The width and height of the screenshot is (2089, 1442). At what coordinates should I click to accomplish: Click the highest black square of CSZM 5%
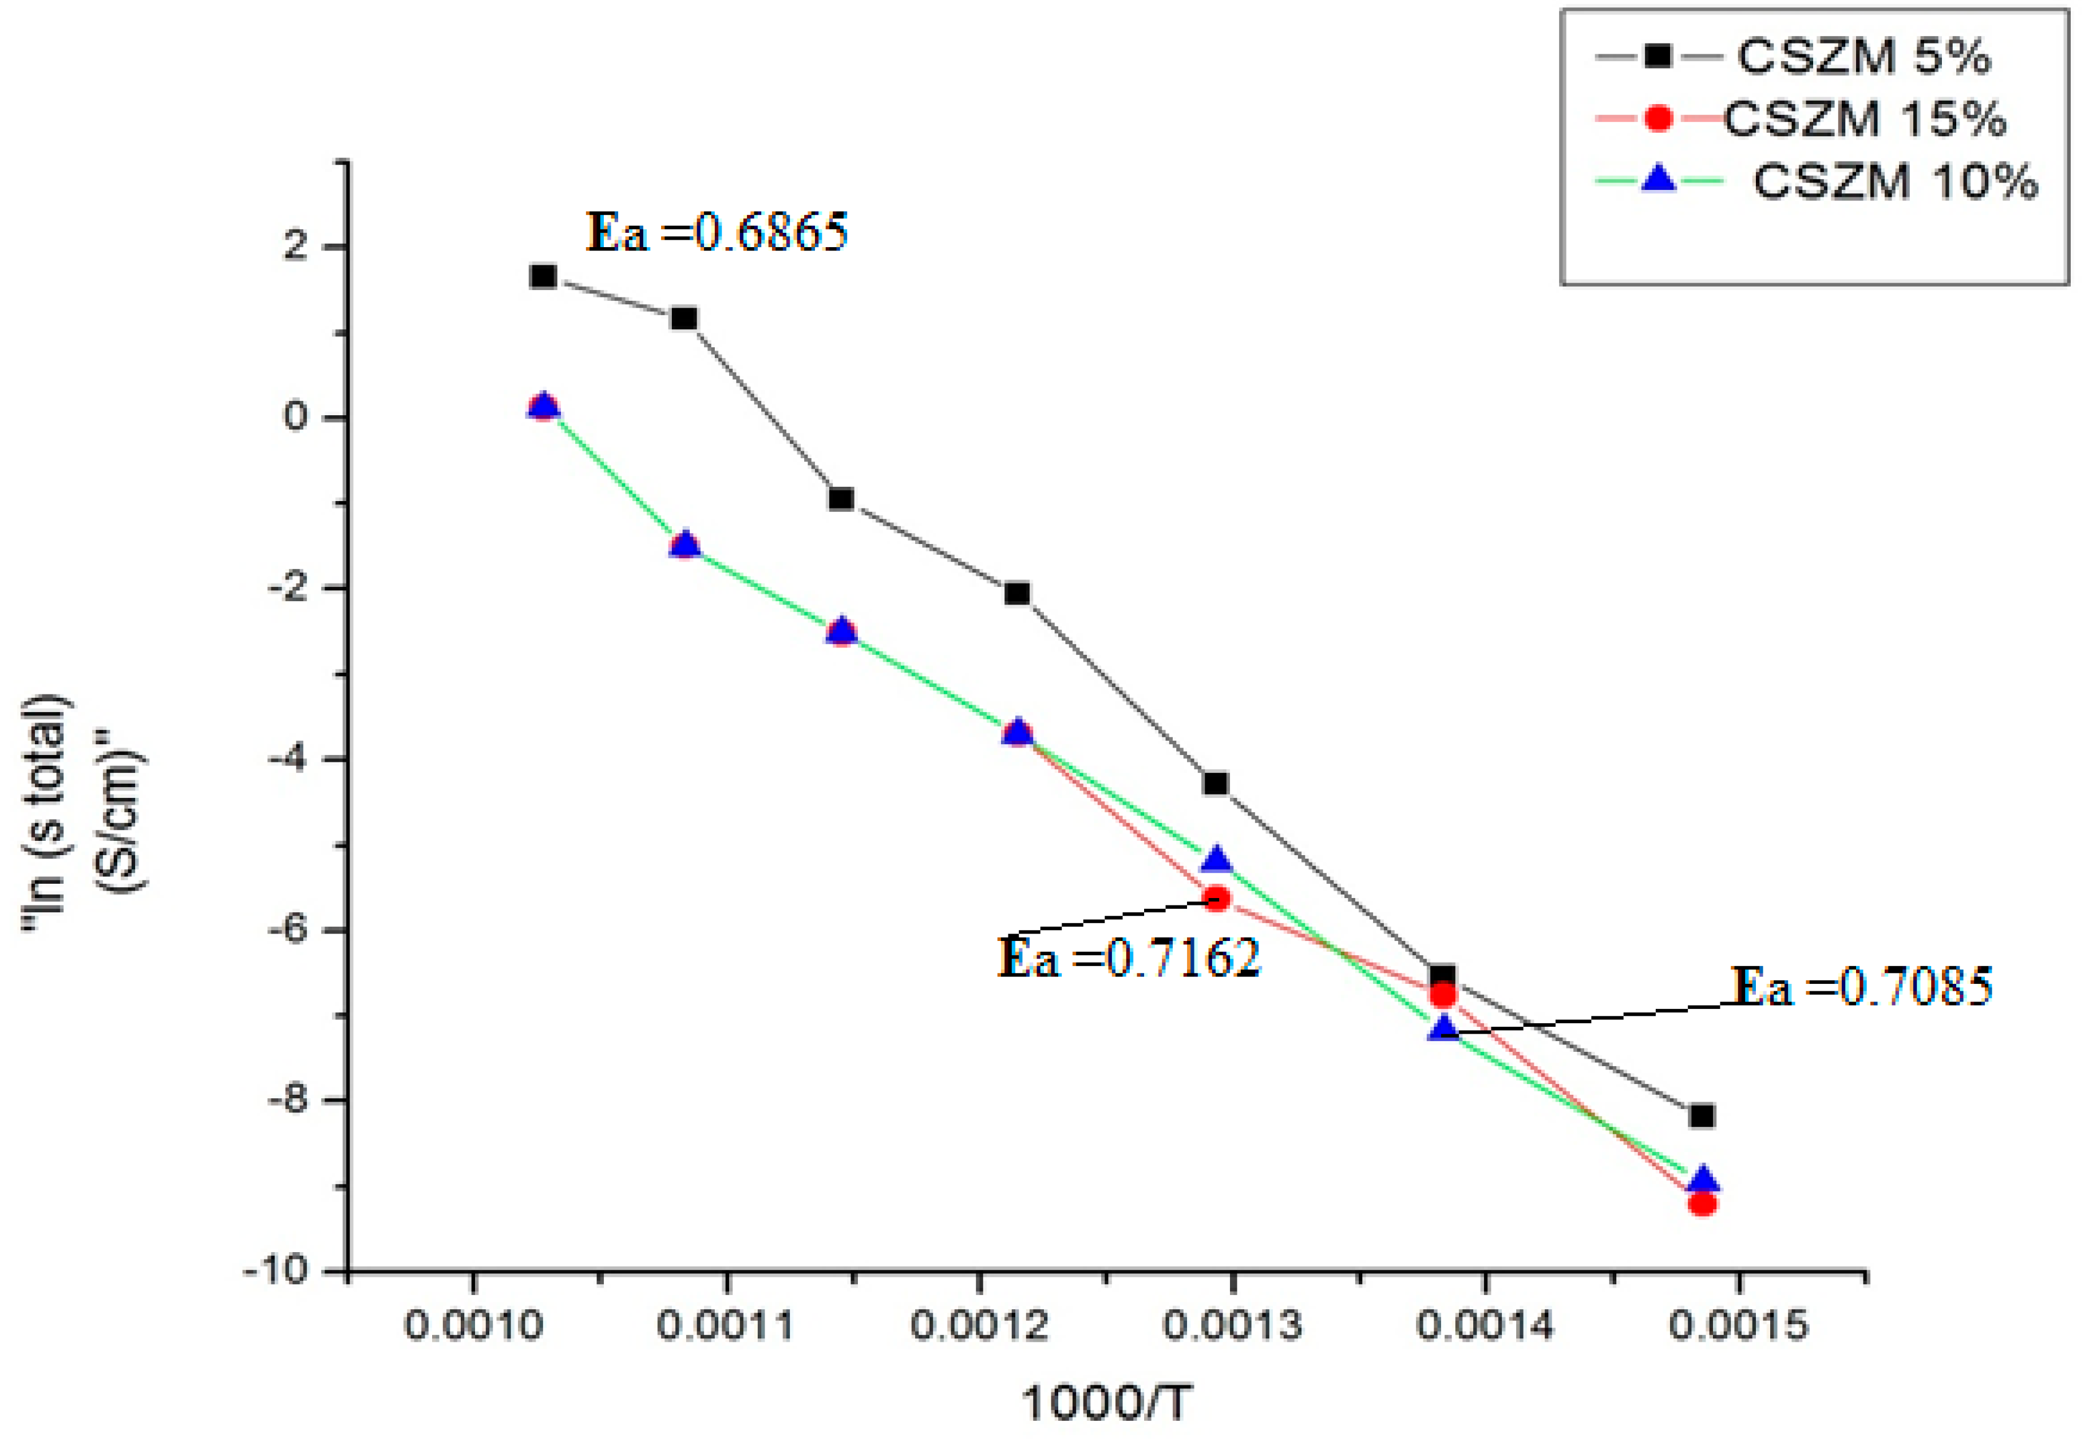pos(543,276)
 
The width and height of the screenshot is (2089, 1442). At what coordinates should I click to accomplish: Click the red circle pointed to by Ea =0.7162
pos(1217,898)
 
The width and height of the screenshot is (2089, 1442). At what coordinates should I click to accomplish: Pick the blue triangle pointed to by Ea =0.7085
pos(1443,1028)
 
